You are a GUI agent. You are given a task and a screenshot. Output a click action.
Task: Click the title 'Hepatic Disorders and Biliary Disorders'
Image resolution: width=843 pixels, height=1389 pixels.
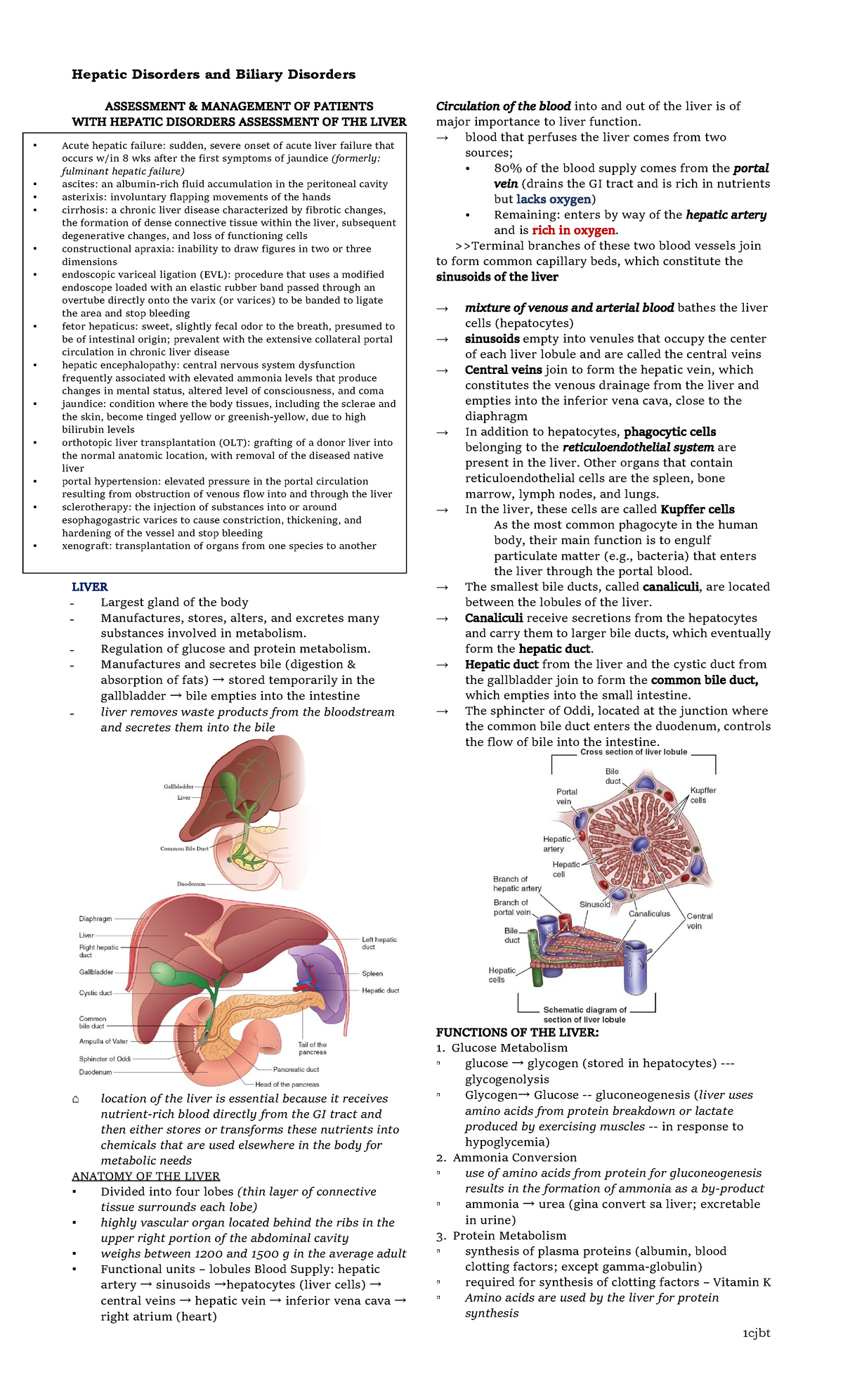point(214,75)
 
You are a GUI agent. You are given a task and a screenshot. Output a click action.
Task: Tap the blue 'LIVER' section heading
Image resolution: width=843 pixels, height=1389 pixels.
point(89,587)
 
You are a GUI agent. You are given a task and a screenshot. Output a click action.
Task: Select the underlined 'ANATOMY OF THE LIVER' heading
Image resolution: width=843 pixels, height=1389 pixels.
point(145,1176)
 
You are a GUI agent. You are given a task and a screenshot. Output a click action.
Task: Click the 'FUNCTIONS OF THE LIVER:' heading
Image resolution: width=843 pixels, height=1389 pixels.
point(517,1032)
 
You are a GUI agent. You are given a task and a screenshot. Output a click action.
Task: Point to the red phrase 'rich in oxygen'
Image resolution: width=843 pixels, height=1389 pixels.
point(574,230)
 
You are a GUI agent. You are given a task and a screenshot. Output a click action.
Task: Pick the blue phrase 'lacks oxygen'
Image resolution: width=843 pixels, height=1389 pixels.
point(554,199)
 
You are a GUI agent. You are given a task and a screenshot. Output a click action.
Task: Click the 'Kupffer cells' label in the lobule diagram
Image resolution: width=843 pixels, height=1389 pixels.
point(702,795)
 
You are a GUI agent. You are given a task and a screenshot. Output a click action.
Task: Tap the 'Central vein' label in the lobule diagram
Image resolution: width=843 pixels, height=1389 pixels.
point(699,921)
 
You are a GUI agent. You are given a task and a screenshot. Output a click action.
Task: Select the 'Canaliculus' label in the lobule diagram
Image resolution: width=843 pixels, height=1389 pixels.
point(649,914)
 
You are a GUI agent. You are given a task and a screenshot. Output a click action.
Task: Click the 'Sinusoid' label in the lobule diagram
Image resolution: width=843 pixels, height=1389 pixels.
point(594,904)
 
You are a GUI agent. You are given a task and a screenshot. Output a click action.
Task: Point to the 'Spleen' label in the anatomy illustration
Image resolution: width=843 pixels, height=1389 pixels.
point(372,974)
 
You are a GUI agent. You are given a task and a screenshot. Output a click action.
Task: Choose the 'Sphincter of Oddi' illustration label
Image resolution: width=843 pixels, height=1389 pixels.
point(105,1059)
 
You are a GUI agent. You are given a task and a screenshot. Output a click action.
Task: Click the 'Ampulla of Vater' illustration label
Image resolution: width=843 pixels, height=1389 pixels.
point(103,1041)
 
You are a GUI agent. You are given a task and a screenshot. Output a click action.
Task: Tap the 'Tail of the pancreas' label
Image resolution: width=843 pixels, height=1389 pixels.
point(312,1048)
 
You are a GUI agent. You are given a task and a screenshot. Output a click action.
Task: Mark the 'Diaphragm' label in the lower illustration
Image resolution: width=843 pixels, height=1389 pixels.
point(95,918)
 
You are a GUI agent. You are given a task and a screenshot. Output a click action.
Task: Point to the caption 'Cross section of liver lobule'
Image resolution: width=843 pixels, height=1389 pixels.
point(633,751)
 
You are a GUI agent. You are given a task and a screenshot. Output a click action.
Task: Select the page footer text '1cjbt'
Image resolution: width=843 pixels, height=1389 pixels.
point(756,1333)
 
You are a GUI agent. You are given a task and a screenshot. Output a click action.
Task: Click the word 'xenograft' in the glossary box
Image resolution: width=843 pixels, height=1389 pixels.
point(84,545)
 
